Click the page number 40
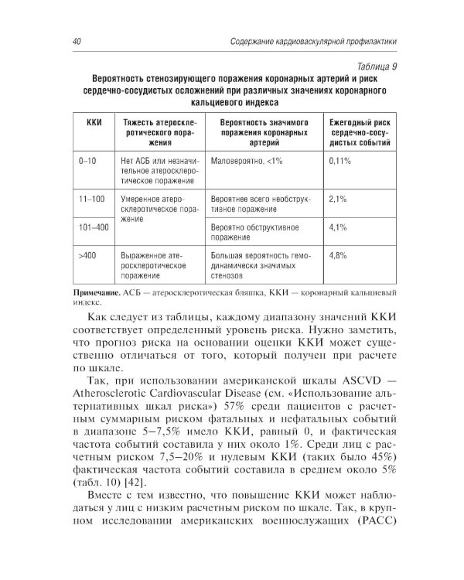pyautogui.click(x=76, y=40)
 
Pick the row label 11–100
pyautogui.click(x=91, y=199)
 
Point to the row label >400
pyautogui.click(x=87, y=254)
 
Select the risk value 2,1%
pyautogui.click(x=336, y=199)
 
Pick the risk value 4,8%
pyautogui.click(x=336, y=254)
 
